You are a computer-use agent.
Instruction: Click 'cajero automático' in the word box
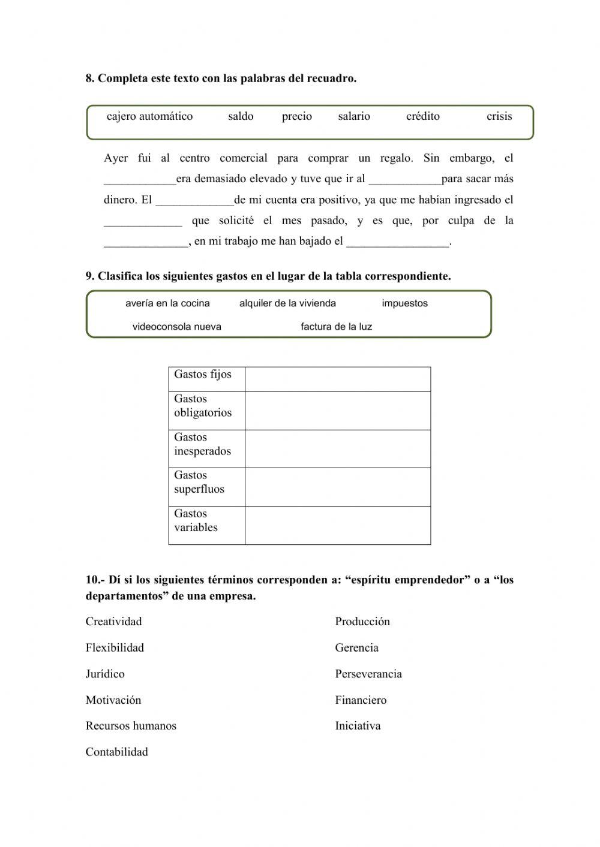click(149, 116)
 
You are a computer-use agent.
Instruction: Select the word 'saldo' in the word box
click(241, 116)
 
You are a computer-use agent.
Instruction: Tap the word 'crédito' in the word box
click(422, 116)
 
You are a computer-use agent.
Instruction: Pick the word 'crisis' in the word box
click(499, 116)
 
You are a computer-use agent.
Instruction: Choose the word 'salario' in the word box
click(354, 116)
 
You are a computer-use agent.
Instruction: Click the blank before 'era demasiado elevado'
click(140, 180)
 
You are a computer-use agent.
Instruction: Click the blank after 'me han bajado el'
click(398, 242)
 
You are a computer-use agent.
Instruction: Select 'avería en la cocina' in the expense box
click(167, 303)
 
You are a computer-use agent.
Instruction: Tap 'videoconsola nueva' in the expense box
click(176, 327)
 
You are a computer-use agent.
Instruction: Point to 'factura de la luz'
click(336, 327)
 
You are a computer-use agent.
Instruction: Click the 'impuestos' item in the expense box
click(404, 303)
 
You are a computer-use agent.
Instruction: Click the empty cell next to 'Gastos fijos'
click(337, 379)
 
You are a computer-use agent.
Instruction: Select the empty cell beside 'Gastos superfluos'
click(337, 487)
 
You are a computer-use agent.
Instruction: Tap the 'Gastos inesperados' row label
click(202, 444)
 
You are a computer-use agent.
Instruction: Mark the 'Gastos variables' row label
click(196, 520)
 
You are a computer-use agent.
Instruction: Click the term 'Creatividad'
click(113, 622)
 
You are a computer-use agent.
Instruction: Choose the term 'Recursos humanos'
click(131, 726)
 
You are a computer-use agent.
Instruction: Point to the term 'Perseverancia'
click(368, 674)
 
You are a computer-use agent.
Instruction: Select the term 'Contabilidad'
click(116, 752)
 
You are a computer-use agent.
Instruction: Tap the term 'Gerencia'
click(356, 648)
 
